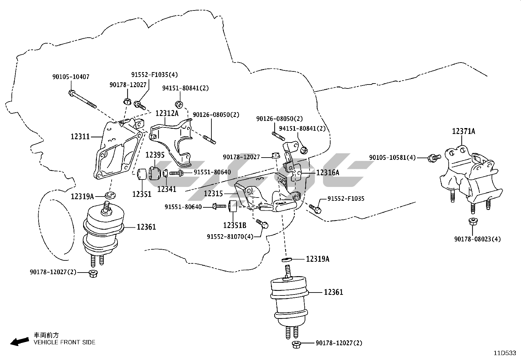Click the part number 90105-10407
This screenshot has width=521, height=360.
click(71, 77)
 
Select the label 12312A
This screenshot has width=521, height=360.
click(167, 113)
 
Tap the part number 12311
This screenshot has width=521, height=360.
click(80, 136)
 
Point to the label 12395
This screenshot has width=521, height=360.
click(155, 155)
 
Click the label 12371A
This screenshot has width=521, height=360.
click(464, 131)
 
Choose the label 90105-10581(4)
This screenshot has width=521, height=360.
click(392, 158)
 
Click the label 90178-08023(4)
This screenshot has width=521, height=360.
click(477, 239)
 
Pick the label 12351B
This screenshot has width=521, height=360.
click(235, 225)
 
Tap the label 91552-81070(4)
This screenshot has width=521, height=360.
click(230, 236)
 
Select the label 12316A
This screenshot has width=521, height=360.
click(328, 173)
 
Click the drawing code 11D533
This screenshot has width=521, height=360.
click(505, 353)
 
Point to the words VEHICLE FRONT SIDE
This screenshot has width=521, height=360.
click(65, 342)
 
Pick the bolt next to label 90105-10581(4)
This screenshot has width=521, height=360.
click(434, 158)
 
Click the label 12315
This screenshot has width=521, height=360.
click(213, 194)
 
